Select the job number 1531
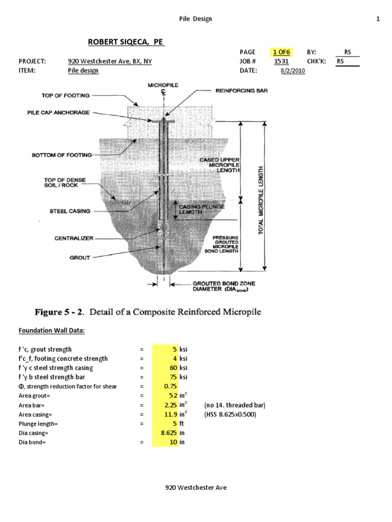[281, 61]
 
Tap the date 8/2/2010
[292, 71]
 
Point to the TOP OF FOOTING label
[65, 95]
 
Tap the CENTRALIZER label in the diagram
[75, 238]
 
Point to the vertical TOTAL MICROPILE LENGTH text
[261, 200]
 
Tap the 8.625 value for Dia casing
[168, 433]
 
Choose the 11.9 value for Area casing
[169, 414]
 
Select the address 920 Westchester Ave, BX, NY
[109, 61]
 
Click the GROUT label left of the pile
[80, 258]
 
